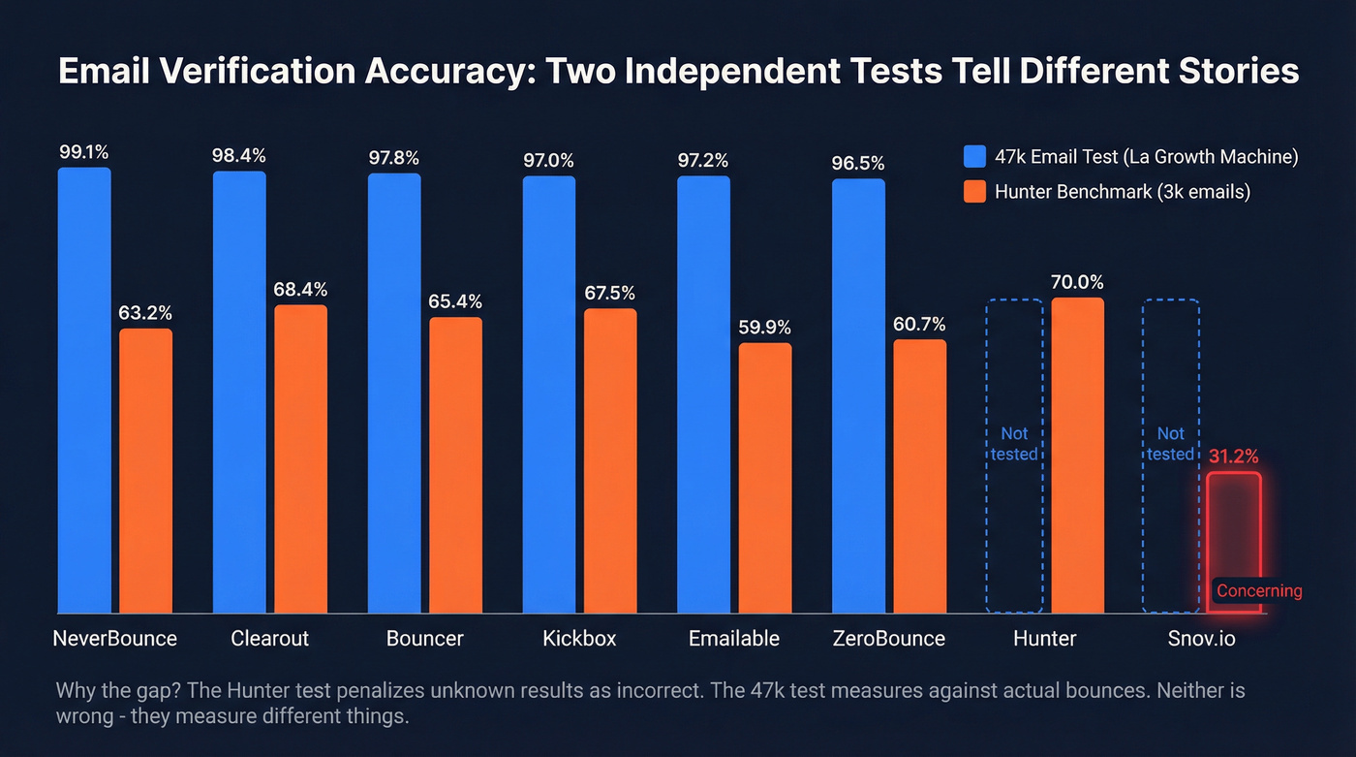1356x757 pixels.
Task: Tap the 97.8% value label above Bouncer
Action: pyautogui.click(x=394, y=158)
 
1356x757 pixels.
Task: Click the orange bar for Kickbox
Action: pyautogui.click(x=610, y=460)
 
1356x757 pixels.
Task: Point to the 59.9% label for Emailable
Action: pyautogui.click(x=764, y=328)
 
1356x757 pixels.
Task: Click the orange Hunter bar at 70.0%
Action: pyautogui.click(x=1077, y=455)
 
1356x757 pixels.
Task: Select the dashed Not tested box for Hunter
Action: pyautogui.click(x=1014, y=456)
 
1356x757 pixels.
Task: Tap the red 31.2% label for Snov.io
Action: pyautogui.click(x=1234, y=456)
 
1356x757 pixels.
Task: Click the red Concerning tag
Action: pyautogui.click(x=1259, y=590)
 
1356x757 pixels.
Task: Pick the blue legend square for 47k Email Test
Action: pyautogui.click(x=975, y=157)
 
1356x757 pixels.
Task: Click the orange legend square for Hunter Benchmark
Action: pyautogui.click(x=975, y=192)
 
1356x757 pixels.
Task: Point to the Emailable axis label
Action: pyautogui.click(x=733, y=639)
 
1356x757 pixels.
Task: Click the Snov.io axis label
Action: pyautogui.click(x=1201, y=639)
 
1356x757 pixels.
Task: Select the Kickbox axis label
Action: pyautogui.click(x=579, y=639)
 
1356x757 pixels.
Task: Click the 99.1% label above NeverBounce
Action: pyautogui.click(x=84, y=152)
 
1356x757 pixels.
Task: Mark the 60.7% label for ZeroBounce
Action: pyautogui.click(x=919, y=324)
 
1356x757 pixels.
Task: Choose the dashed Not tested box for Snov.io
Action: pyautogui.click(x=1170, y=456)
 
